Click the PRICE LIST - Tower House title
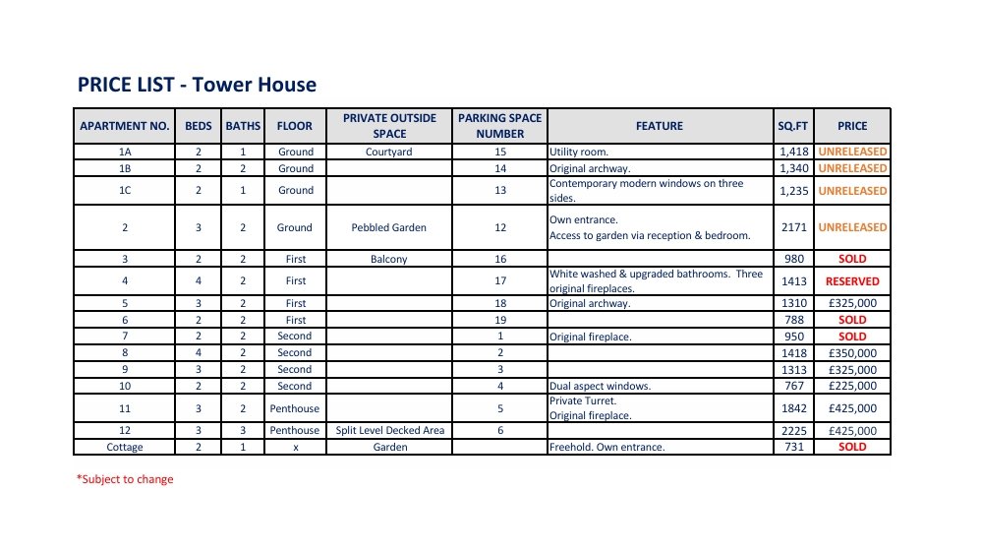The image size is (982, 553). (197, 85)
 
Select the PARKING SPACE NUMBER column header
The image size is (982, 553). (499, 126)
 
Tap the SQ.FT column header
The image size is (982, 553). (792, 126)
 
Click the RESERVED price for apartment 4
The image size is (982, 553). (852, 281)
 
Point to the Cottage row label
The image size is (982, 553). (125, 447)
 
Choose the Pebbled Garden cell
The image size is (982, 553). (389, 227)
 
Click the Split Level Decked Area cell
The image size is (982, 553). (389, 430)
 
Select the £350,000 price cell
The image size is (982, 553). (852, 353)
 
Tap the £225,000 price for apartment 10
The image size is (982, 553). (852, 386)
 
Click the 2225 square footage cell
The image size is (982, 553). (793, 430)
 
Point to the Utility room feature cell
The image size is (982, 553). (579, 153)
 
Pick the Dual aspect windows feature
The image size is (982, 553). (600, 386)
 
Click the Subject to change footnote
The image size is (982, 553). (125, 479)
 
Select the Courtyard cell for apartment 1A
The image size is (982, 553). (389, 153)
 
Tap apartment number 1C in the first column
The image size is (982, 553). (125, 191)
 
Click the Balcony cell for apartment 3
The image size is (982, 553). (389, 259)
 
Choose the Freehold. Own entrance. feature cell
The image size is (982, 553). (607, 447)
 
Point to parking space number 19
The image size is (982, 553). (500, 320)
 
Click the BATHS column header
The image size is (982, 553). (243, 126)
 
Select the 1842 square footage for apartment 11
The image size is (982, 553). (793, 408)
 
